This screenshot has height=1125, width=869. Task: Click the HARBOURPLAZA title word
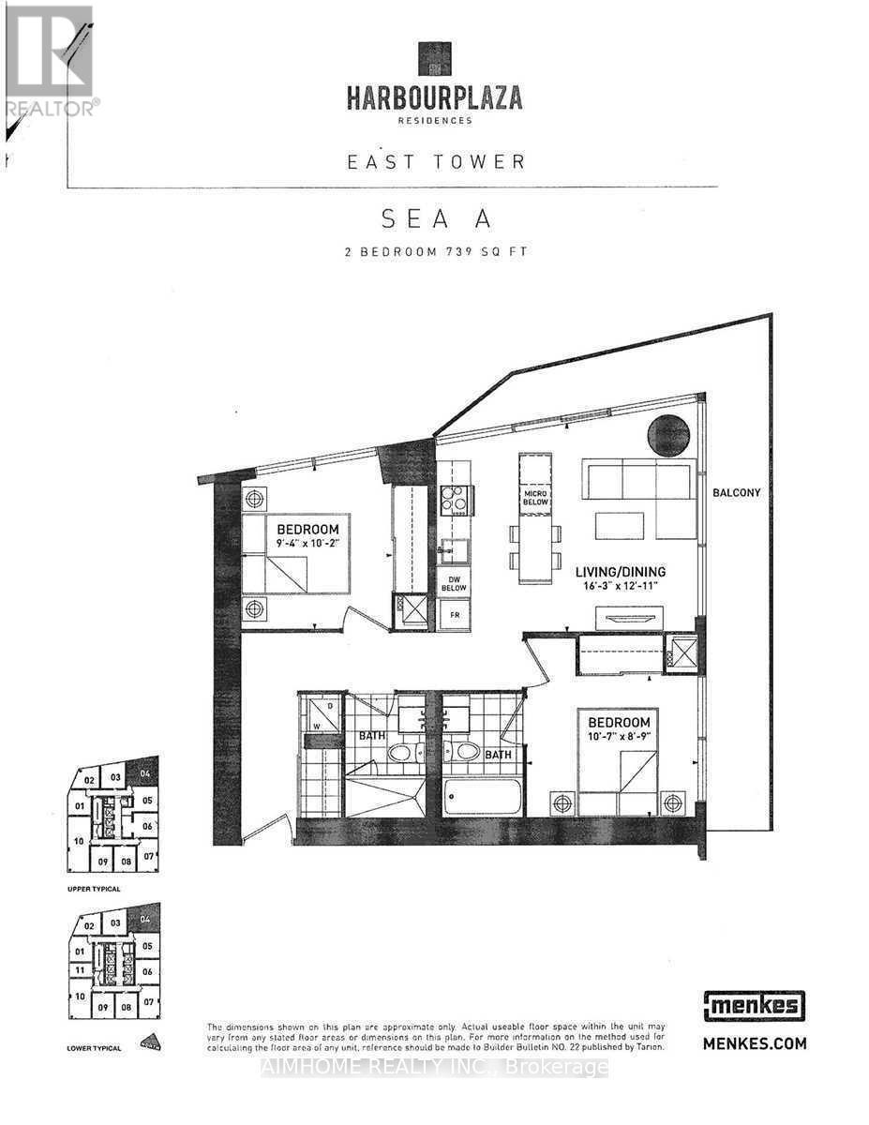(x=435, y=97)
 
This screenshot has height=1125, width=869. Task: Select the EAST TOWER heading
(x=436, y=161)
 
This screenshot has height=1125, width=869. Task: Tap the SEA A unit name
(x=436, y=219)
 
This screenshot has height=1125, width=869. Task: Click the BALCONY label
(x=736, y=492)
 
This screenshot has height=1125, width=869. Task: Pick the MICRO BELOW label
(x=535, y=499)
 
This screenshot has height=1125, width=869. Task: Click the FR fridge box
(x=454, y=614)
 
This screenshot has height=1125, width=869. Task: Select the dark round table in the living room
(x=670, y=434)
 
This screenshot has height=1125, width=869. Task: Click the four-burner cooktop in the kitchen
(x=454, y=501)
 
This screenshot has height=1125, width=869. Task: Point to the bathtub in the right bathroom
(x=482, y=798)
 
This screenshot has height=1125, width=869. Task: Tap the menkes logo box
(x=753, y=1007)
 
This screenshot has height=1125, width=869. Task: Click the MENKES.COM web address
(x=753, y=1042)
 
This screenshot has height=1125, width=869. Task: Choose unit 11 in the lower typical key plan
(x=81, y=970)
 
